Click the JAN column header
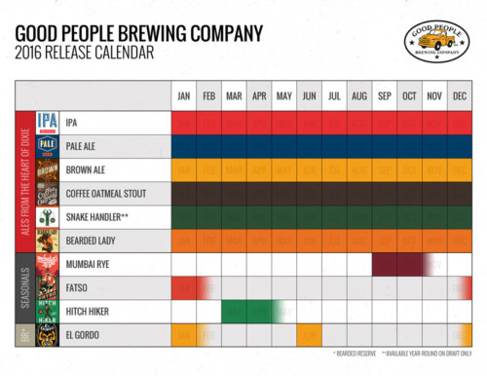[183, 95]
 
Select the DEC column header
[459, 95]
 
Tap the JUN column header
[309, 95]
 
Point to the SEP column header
[384, 95]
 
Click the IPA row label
[72, 123]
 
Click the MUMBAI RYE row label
[88, 264]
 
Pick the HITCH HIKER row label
[88, 311]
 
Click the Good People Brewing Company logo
[436, 41]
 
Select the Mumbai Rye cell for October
[409, 264]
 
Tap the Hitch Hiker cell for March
[234, 311]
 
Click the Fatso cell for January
[183, 287]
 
